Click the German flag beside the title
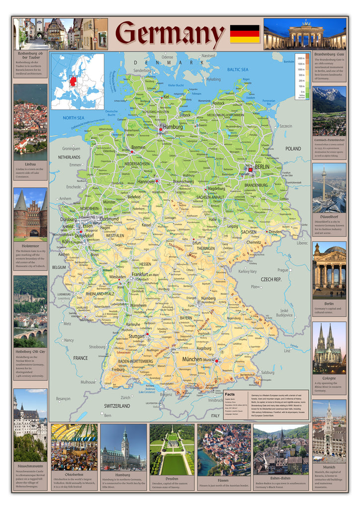(x=245, y=34)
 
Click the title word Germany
(x=170, y=34)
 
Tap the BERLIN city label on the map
(x=262, y=167)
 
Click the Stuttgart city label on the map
(x=136, y=336)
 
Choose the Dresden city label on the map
(x=275, y=232)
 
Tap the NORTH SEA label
(x=74, y=118)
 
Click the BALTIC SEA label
(x=238, y=70)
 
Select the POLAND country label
(x=293, y=149)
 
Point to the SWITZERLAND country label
(x=117, y=406)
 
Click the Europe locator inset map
(x=78, y=82)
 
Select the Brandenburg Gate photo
(x=304, y=34)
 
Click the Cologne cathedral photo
(x=329, y=347)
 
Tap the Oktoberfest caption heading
(x=74, y=475)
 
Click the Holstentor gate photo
(x=30, y=213)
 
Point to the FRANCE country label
(x=80, y=357)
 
